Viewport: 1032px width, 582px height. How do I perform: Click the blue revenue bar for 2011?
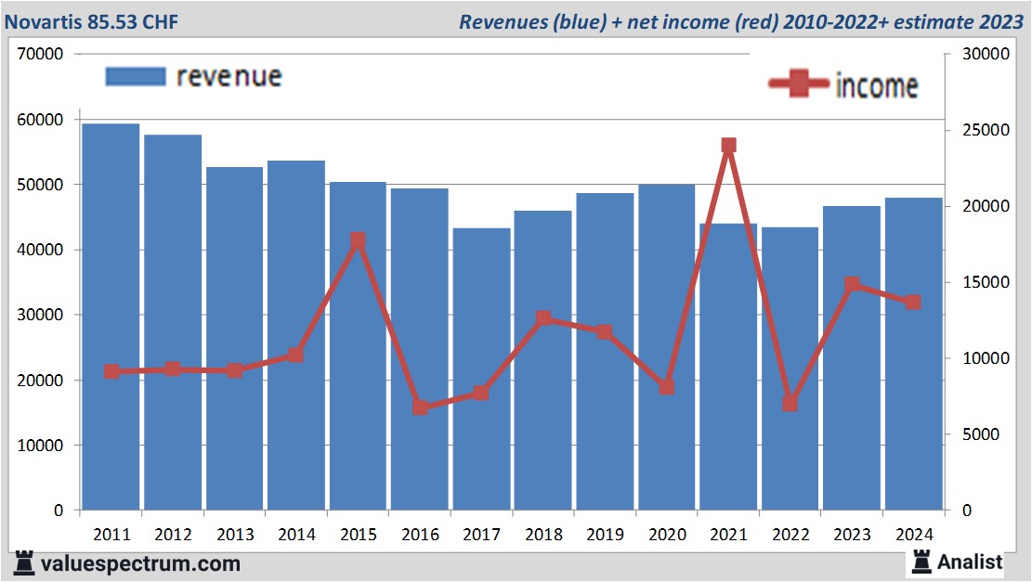click(111, 317)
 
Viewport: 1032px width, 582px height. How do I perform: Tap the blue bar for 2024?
click(913, 354)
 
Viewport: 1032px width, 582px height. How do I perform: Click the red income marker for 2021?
click(728, 146)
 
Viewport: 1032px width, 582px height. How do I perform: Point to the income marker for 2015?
click(358, 240)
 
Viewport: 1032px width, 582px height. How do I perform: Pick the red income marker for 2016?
click(420, 407)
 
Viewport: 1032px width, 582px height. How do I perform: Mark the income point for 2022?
click(790, 404)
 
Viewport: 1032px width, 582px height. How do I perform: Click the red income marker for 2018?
click(543, 318)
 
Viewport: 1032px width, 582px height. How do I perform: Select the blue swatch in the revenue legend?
click(136, 76)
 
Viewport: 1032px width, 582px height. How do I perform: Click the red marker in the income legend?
click(799, 84)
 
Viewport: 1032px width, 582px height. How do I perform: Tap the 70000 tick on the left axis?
click(40, 54)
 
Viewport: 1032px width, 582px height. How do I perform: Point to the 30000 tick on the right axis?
click(976, 54)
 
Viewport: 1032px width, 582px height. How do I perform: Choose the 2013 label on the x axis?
click(235, 535)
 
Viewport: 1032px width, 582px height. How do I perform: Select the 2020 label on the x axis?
click(667, 535)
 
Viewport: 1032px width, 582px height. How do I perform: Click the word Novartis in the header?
click(39, 19)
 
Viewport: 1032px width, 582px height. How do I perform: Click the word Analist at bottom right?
click(970, 562)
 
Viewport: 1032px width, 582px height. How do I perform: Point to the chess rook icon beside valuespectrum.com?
click(25, 563)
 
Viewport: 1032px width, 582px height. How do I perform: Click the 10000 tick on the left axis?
click(40, 446)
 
